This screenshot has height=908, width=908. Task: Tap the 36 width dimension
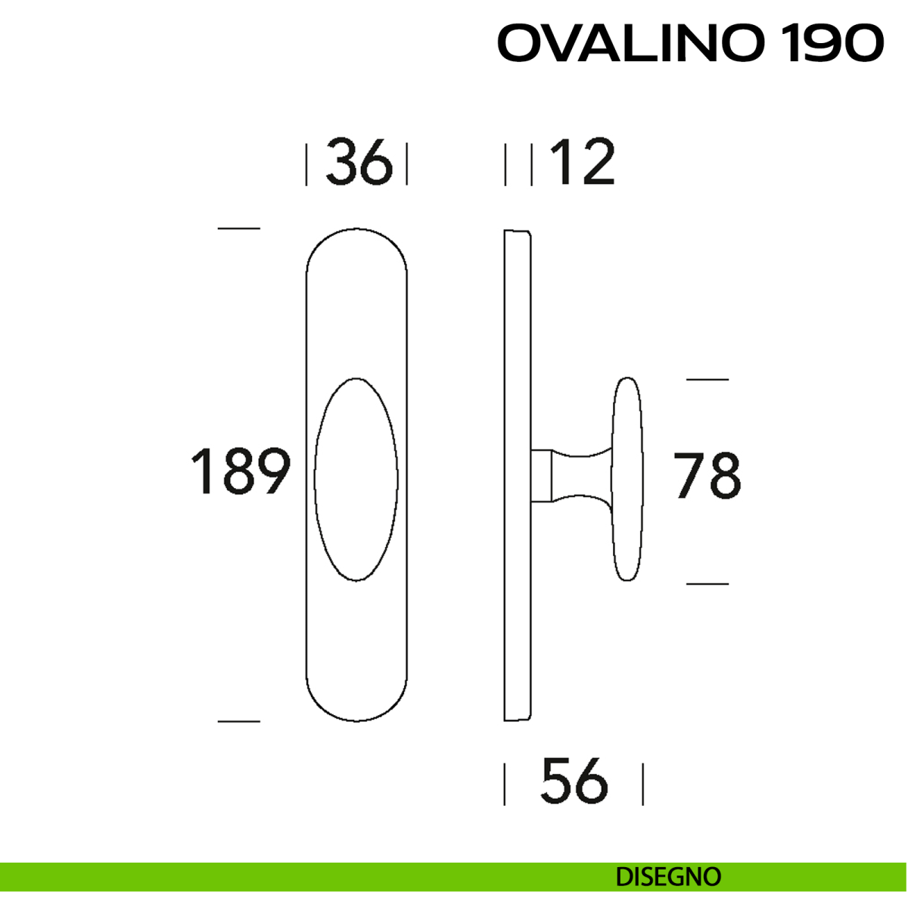tap(359, 163)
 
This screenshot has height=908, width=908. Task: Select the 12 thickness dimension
tap(581, 163)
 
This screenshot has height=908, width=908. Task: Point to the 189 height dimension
tap(240, 472)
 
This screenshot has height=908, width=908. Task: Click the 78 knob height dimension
tap(707, 476)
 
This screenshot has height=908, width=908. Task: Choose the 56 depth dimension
tap(574, 782)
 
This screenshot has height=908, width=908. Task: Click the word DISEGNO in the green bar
tap(668, 877)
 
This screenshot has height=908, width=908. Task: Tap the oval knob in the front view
tap(356, 479)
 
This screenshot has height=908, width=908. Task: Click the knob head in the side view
tap(627, 479)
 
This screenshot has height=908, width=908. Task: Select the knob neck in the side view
tap(579, 476)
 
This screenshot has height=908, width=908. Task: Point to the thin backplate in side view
tap(517, 475)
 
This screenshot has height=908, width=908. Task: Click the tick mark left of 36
tap(306, 164)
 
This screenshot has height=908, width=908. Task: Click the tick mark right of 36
tap(407, 164)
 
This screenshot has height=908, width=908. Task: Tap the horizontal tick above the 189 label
tap(238, 228)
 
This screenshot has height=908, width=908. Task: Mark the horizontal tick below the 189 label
tap(238, 721)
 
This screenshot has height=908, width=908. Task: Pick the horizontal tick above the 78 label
tap(707, 379)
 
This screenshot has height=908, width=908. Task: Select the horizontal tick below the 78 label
tap(707, 583)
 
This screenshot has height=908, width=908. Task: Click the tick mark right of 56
tap(642, 784)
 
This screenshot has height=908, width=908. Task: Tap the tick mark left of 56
tap(505, 784)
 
